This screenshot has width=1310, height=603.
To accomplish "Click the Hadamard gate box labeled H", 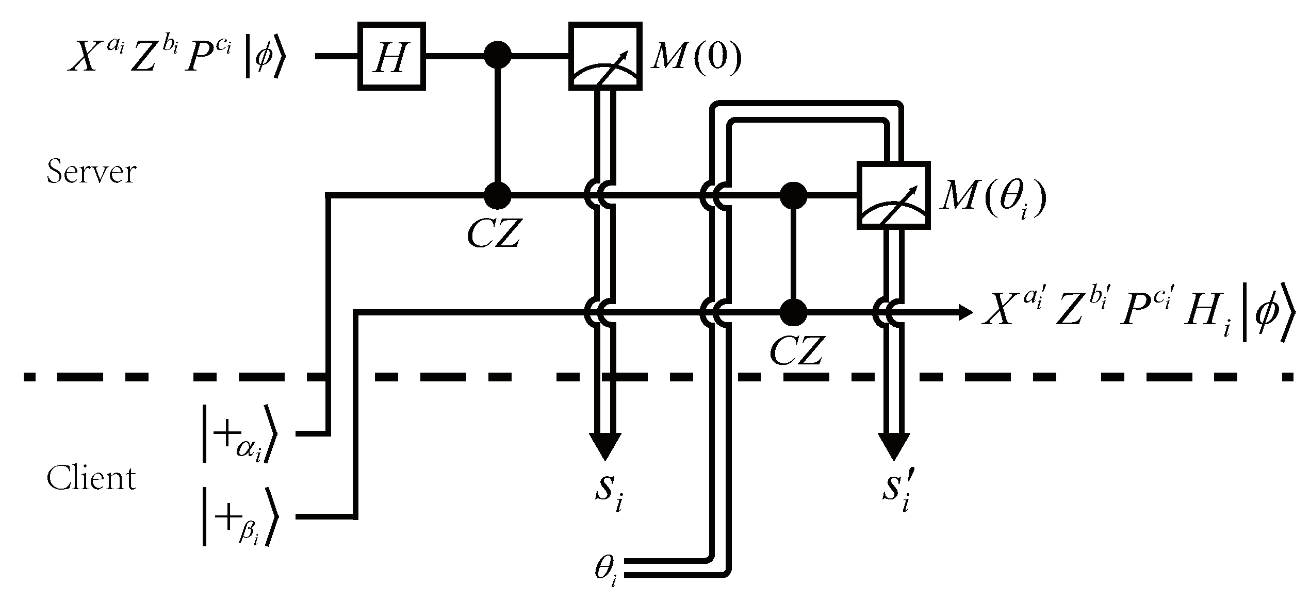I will pyautogui.click(x=391, y=56).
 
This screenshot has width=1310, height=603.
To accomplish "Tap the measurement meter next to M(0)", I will pyautogui.click(x=605, y=56).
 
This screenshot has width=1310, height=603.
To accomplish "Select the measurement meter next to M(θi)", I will pyautogui.click(x=893, y=195).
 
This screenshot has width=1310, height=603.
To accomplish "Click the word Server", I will pyautogui.click(x=91, y=172).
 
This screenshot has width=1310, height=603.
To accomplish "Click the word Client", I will pyautogui.click(x=91, y=478).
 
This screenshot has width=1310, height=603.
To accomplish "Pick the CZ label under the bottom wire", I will pyautogui.click(x=796, y=351).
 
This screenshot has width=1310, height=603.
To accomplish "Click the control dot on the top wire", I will pyautogui.click(x=498, y=55).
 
